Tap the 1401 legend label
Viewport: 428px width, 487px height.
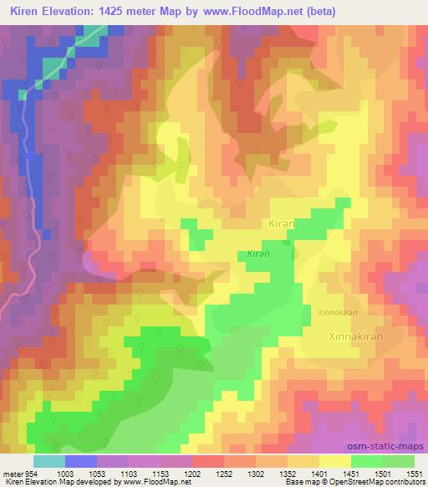click(318, 473)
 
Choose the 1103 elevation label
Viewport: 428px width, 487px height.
click(128, 473)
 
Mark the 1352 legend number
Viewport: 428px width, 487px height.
click(287, 473)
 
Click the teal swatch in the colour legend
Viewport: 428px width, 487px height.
click(49, 461)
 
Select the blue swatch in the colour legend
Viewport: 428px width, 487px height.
click(81, 461)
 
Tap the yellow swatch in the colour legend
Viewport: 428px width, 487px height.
click(334, 461)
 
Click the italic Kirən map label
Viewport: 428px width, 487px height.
click(257, 253)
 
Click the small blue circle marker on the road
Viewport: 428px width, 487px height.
click(29, 156)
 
